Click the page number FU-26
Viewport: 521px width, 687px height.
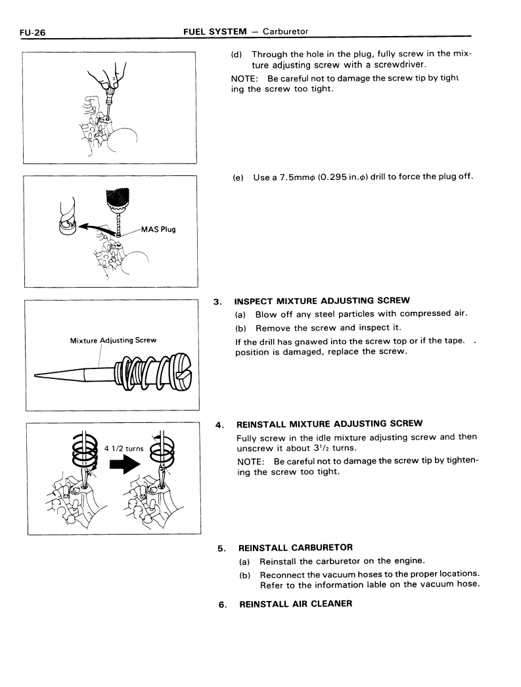(31, 32)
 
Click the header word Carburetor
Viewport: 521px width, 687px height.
(285, 31)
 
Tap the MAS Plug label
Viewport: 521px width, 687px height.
(158, 229)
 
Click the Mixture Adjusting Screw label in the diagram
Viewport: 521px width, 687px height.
(112, 340)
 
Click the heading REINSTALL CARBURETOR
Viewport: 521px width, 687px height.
(296, 547)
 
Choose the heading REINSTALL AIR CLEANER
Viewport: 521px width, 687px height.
(296, 604)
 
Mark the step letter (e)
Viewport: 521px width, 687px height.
(238, 178)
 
